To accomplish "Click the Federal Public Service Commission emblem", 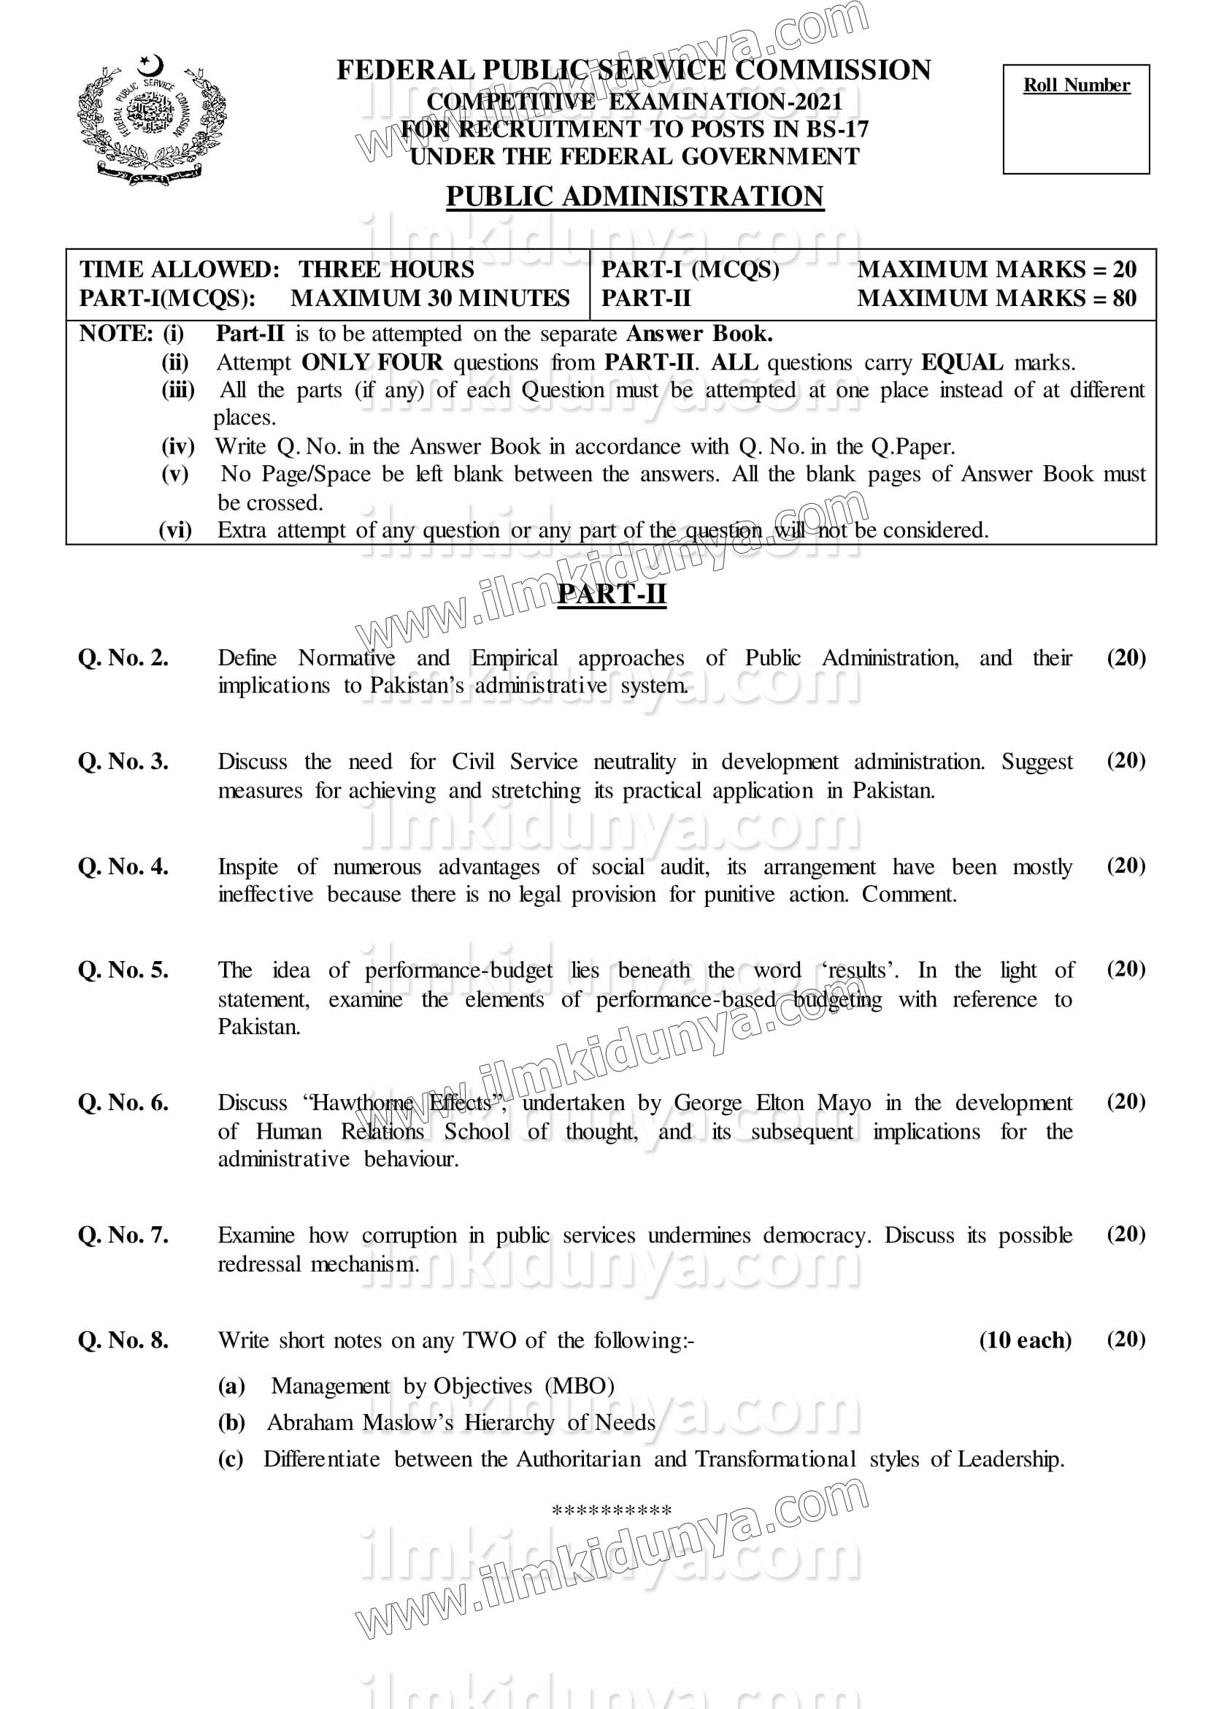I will (151, 121).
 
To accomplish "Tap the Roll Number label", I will (1076, 85).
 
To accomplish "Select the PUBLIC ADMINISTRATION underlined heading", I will (634, 197).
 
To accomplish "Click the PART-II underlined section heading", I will (612, 594).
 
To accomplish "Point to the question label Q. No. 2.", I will (123, 658).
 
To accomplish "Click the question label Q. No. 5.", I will (123, 971).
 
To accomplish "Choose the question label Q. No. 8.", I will (123, 1341).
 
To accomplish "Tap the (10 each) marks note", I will (1025, 1341).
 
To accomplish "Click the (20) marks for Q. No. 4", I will (1126, 865).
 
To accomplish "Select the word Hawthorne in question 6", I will (361, 1102).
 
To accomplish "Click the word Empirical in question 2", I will (514, 658).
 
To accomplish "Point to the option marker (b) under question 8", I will (231, 1423).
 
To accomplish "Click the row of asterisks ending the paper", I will (612, 1511).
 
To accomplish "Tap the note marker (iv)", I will (178, 446).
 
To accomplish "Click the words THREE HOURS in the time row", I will (386, 269).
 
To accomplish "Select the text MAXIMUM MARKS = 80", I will (997, 299).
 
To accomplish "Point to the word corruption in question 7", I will (409, 1236).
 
